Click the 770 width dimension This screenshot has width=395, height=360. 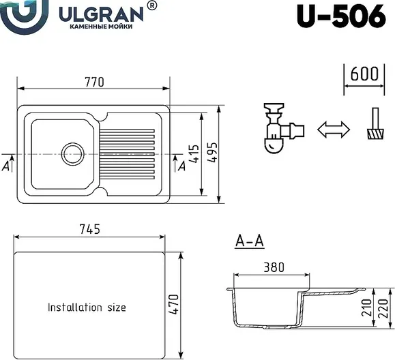[94, 82]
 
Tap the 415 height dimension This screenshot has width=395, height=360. [194, 153]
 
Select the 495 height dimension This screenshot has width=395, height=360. [212, 153]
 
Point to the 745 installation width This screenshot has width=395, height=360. [89, 229]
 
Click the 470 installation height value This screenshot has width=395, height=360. [173, 304]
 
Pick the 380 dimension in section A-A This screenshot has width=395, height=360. [274, 267]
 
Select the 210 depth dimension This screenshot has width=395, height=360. [367, 307]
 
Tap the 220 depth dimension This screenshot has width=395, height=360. [383, 308]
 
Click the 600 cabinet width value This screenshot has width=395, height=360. [364, 74]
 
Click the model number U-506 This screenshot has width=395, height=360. [341, 16]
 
